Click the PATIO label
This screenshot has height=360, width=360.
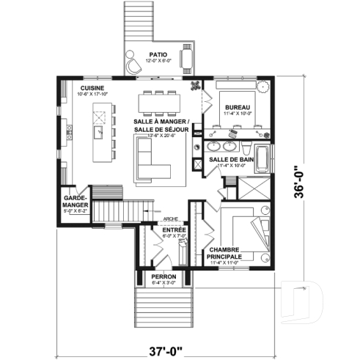tap(157, 54)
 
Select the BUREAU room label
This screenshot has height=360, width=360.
tap(238, 108)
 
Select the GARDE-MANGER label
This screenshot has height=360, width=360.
tap(76, 201)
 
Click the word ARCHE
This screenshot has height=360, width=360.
tap(171, 218)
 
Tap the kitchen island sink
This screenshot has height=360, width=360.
tap(98, 133)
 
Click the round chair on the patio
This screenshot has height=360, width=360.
tap(133, 65)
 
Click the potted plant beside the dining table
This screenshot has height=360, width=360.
tap(195, 85)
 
